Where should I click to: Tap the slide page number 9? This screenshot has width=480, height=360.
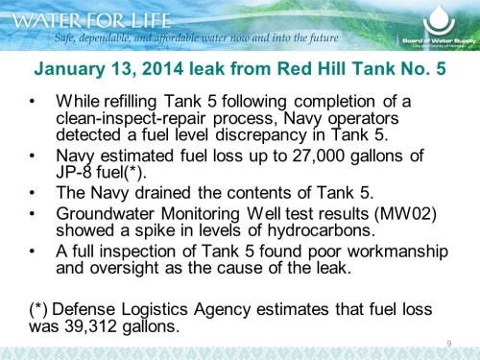click(x=449, y=344)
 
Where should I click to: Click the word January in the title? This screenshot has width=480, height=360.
click(x=74, y=70)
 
